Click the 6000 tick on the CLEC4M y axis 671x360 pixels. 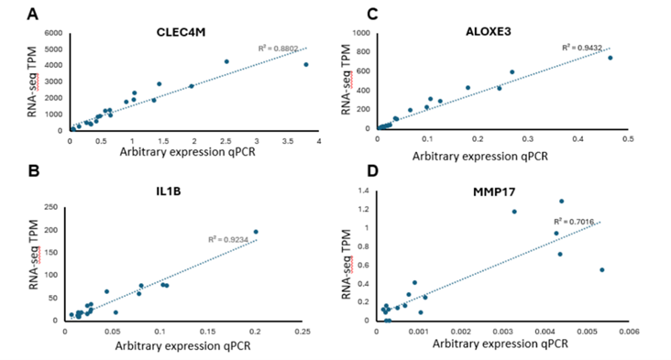(x=51, y=34)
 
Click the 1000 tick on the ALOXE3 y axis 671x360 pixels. (x=361, y=33)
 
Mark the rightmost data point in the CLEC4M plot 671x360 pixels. (x=306, y=65)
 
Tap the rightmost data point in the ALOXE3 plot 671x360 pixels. (x=610, y=58)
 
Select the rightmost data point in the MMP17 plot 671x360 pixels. (x=601, y=270)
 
